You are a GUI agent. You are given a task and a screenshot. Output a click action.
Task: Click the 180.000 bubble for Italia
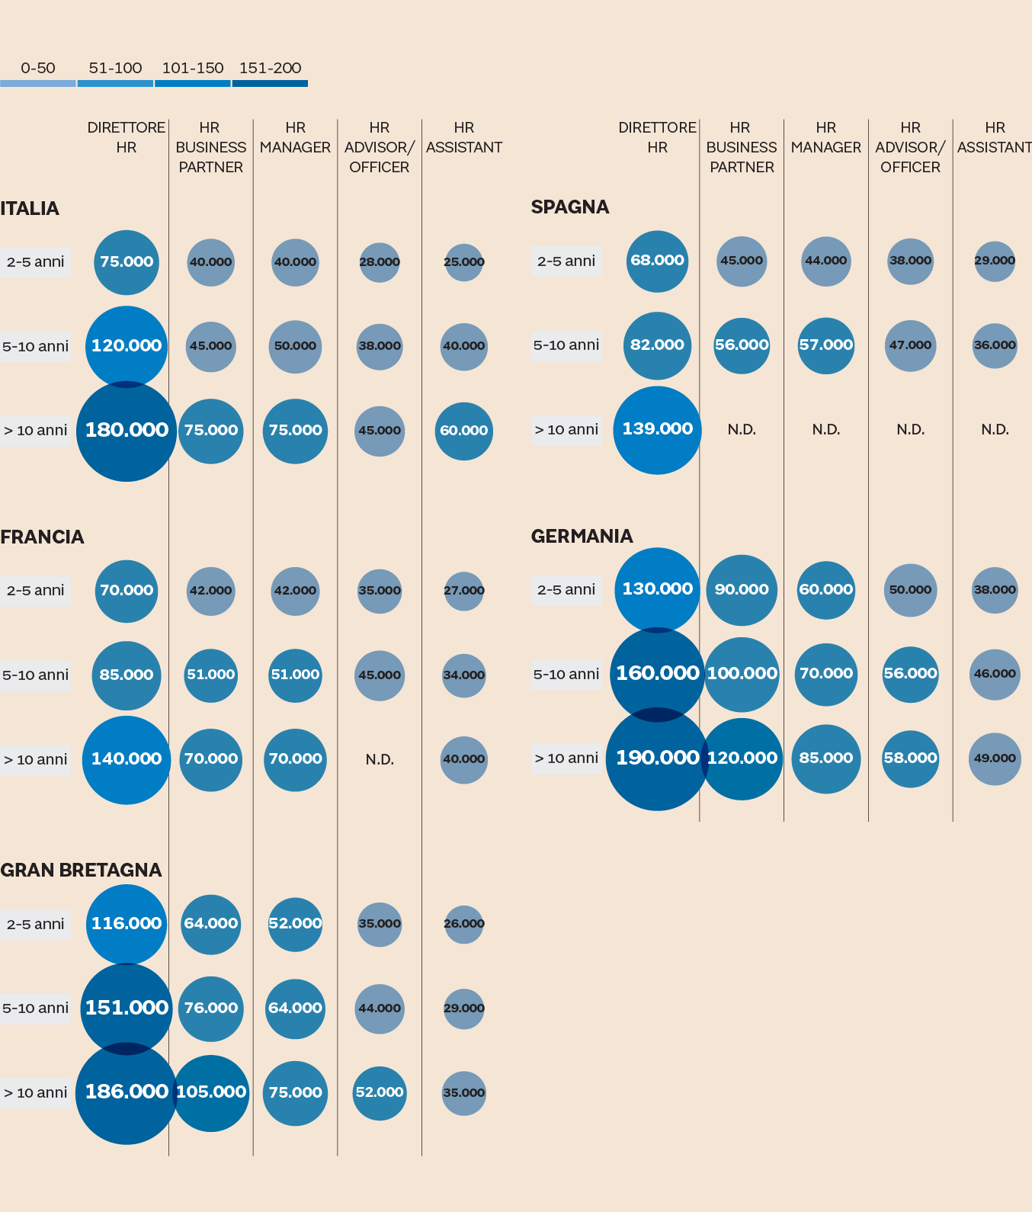tap(127, 431)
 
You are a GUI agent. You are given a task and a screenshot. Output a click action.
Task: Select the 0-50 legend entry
tap(38, 69)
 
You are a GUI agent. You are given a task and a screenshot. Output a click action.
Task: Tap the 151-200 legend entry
tap(270, 69)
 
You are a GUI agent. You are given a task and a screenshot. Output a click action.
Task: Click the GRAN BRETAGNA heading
tap(81, 870)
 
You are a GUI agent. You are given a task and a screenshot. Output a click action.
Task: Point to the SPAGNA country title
tap(569, 207)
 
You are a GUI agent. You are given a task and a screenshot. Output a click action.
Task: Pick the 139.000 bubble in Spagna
tap(657, 429)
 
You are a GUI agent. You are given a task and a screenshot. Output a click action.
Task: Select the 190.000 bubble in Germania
tap(657, 758)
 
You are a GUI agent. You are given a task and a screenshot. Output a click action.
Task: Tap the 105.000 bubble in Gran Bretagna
tap(211, 1092)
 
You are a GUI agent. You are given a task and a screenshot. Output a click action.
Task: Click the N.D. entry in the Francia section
tap(380, 759)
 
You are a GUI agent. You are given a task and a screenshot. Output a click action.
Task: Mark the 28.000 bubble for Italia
tap(380, 262)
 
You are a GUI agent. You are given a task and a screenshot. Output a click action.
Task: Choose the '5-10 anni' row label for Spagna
tap(566, 345)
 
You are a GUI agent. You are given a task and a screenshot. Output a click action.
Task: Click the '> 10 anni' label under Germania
tap(566, 758)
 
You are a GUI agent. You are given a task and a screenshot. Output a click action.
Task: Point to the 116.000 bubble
tap(127, 924)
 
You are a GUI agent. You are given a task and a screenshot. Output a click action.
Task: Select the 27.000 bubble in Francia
tap(463, 591)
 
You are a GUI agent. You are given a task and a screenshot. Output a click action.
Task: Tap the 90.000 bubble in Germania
tap(742, 590)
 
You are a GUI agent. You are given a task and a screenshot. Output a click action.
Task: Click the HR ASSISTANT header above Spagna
tap(994, 137)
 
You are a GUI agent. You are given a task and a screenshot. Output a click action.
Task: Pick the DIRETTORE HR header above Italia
tap(127, 137)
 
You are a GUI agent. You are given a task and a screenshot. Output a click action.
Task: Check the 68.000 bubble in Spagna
tap(657, 261)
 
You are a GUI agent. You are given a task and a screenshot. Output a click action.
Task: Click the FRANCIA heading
tap(42, 537)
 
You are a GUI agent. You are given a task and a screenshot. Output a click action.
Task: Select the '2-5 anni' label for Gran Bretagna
tap(35, 925)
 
